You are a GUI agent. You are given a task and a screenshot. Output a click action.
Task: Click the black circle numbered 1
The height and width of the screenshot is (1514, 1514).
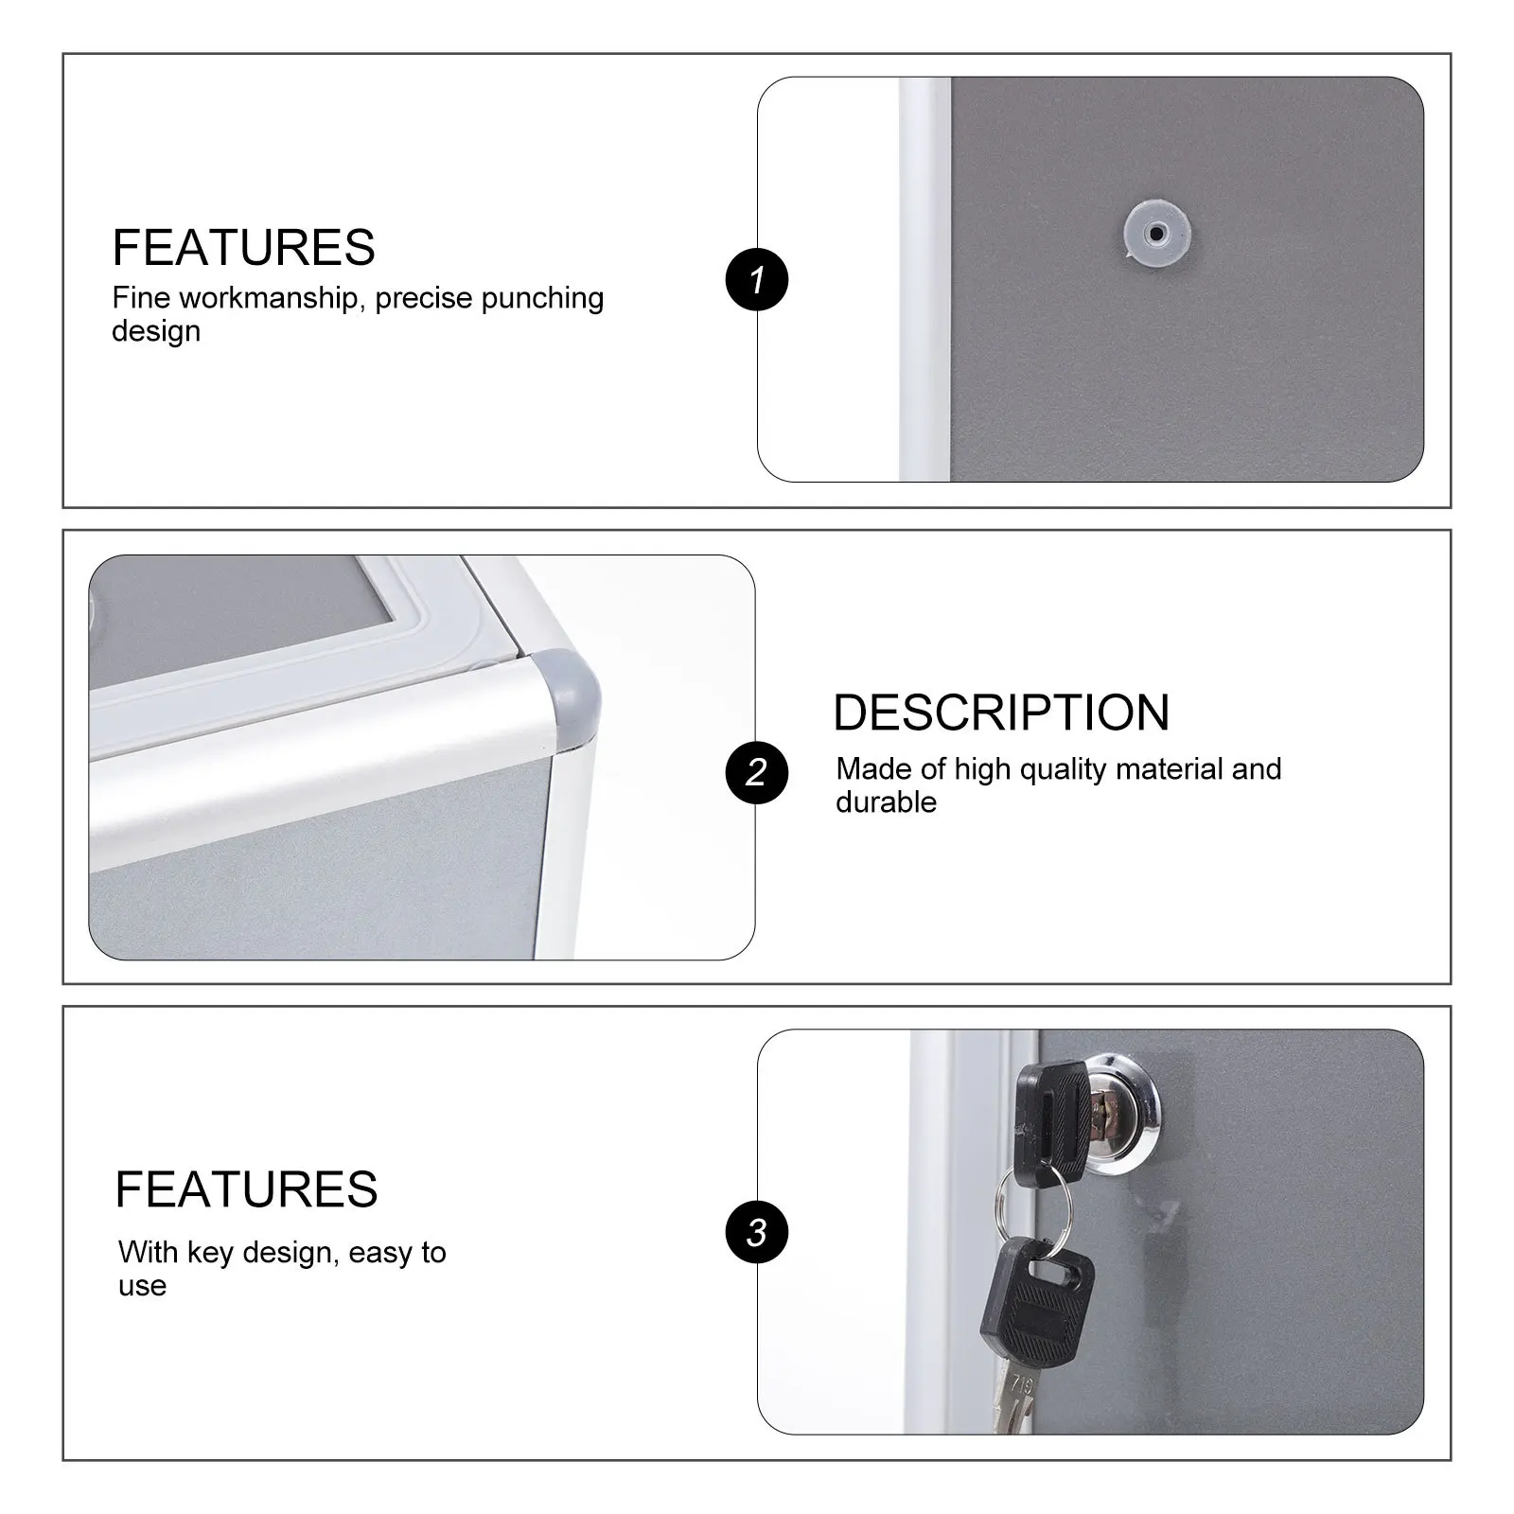(x=756, y=280)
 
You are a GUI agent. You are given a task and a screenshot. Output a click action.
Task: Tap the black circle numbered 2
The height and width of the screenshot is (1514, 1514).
(x=756, y=772)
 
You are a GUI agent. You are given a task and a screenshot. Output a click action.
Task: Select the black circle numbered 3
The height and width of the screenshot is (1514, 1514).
(x=756, y=1233)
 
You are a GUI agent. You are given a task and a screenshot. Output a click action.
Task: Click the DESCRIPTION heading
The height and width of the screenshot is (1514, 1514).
(x=1001, y=713)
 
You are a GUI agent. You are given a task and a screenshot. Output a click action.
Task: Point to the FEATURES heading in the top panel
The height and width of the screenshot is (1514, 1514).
(x=243, y=248)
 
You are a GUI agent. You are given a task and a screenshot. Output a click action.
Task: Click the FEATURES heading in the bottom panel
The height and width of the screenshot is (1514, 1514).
(x=246, y=1189)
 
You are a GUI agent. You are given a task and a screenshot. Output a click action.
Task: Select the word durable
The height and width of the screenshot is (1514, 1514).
(x=886, y=802)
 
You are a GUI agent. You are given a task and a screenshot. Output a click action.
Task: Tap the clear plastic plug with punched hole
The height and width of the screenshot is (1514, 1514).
(x=1156, y=233)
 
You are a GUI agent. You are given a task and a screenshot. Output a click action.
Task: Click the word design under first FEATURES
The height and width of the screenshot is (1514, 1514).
(x=155, y=332)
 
